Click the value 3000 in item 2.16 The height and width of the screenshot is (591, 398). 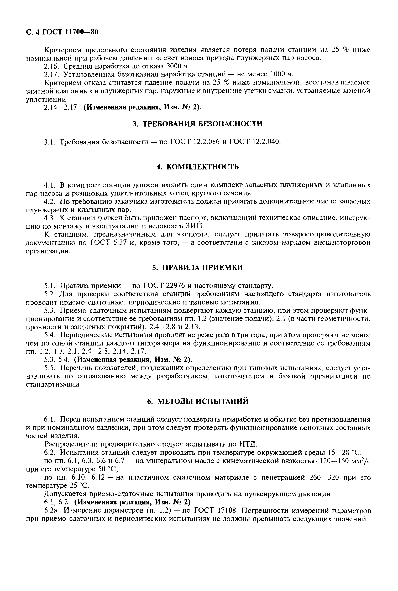point(175,66)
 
